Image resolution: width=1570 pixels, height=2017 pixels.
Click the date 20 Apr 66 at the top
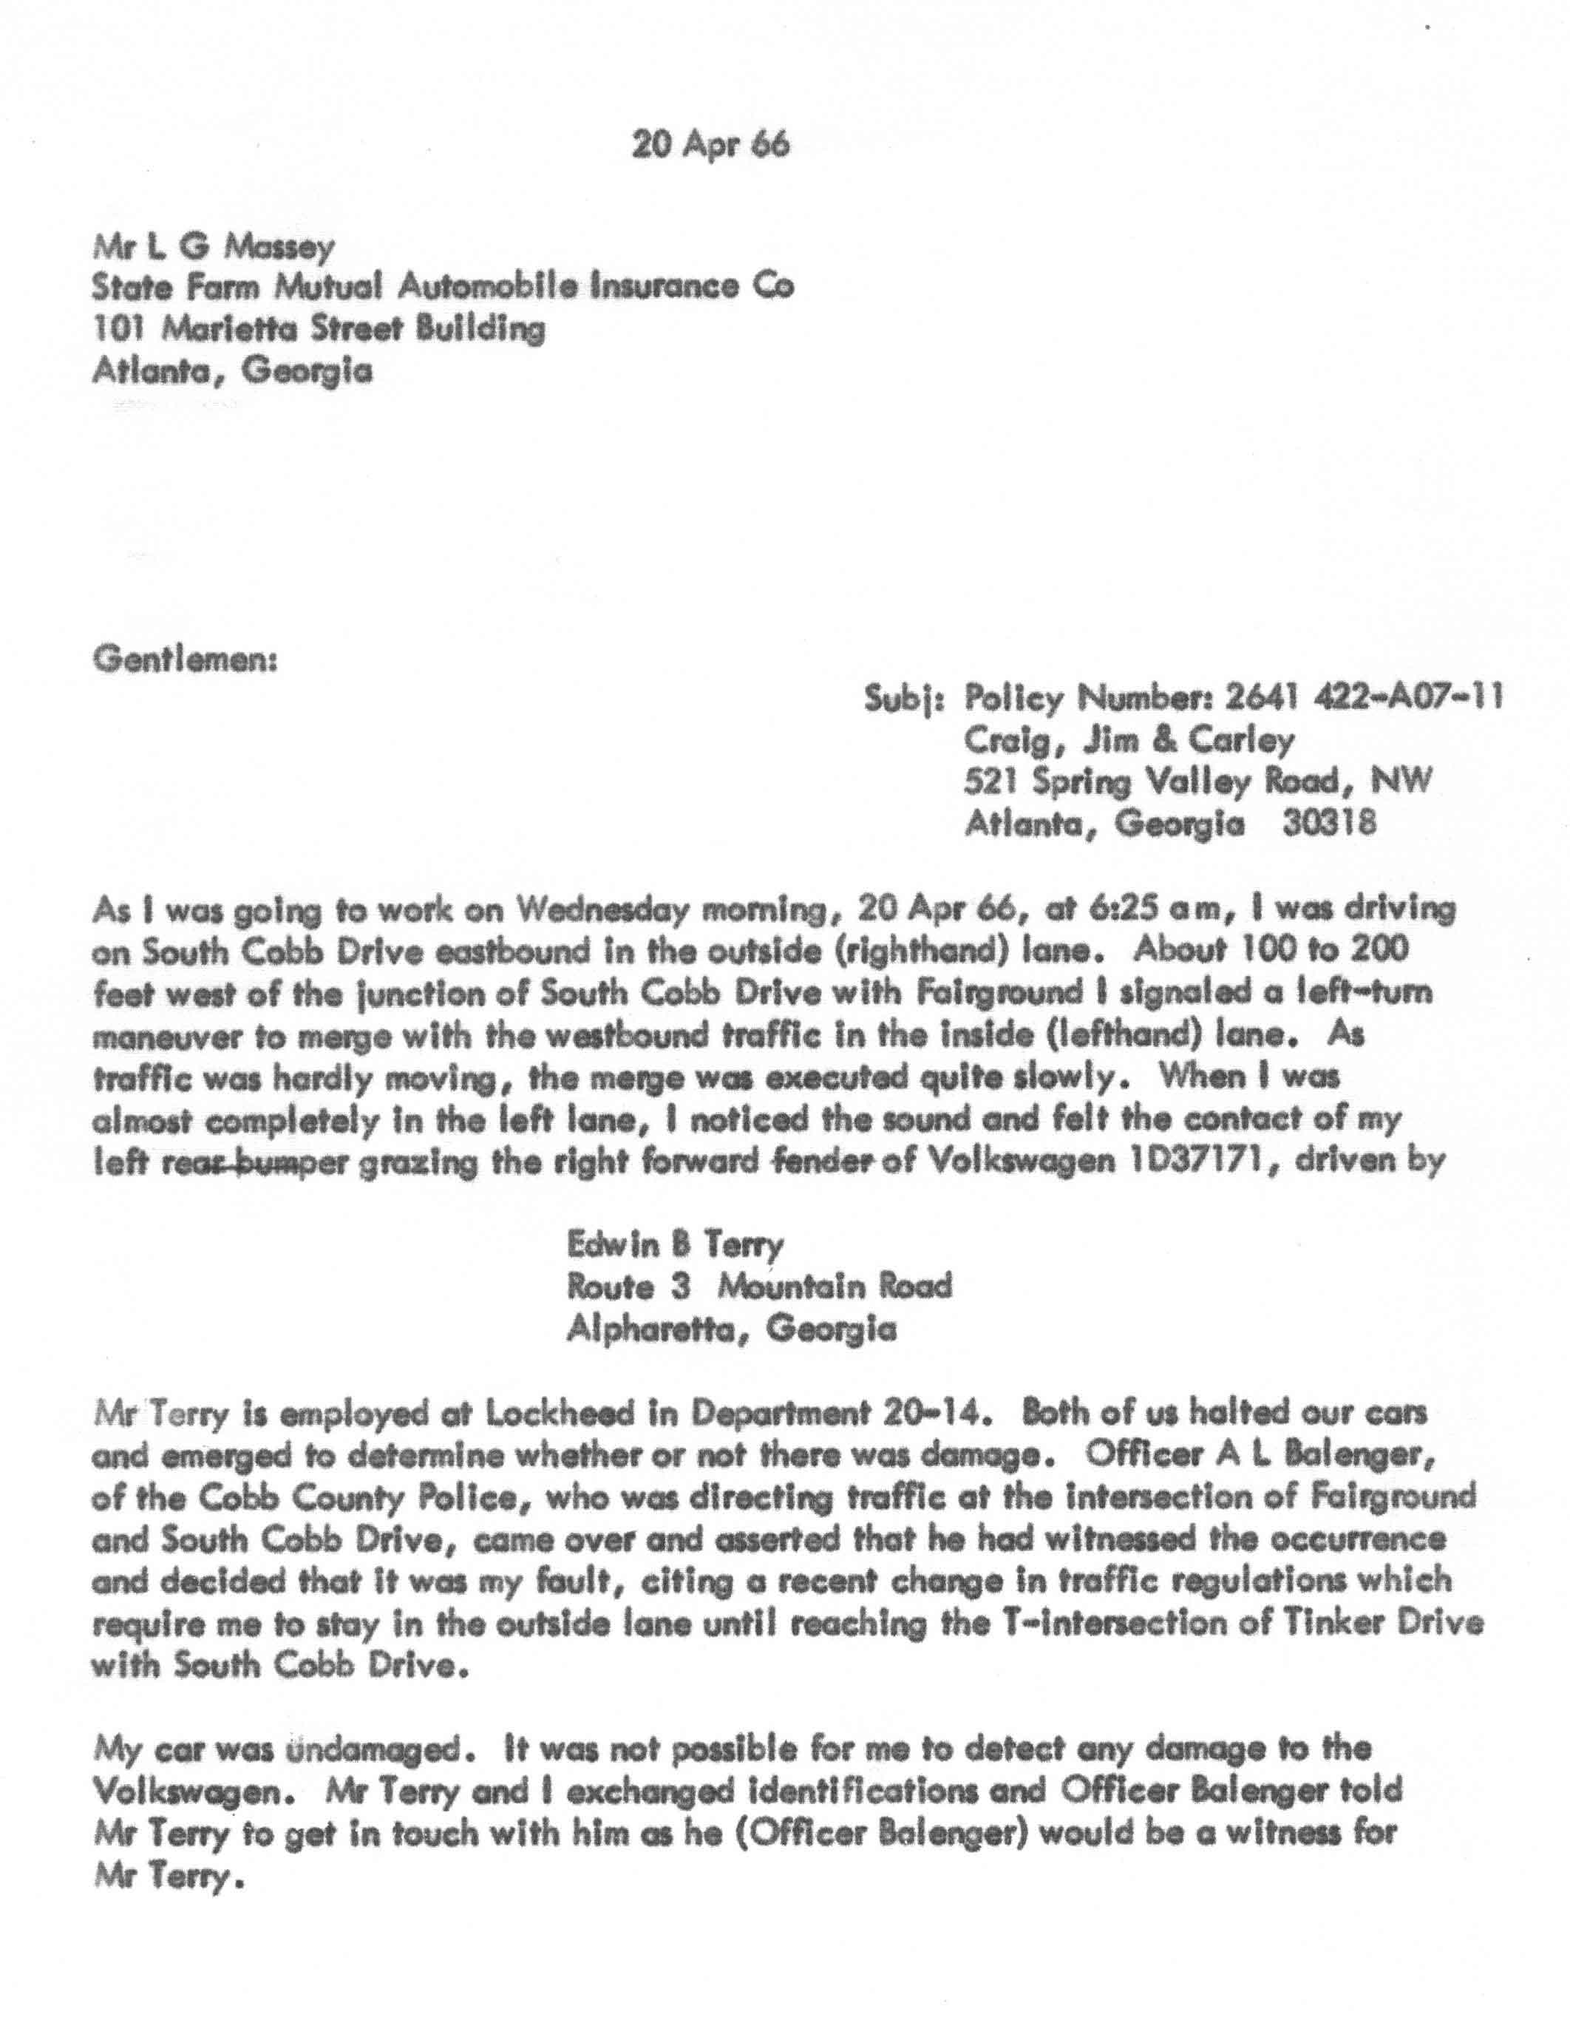coord(710,145)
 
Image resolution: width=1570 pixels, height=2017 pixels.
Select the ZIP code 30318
coord(1330,823)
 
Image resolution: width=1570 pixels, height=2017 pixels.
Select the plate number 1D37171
coord(1091,1162)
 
